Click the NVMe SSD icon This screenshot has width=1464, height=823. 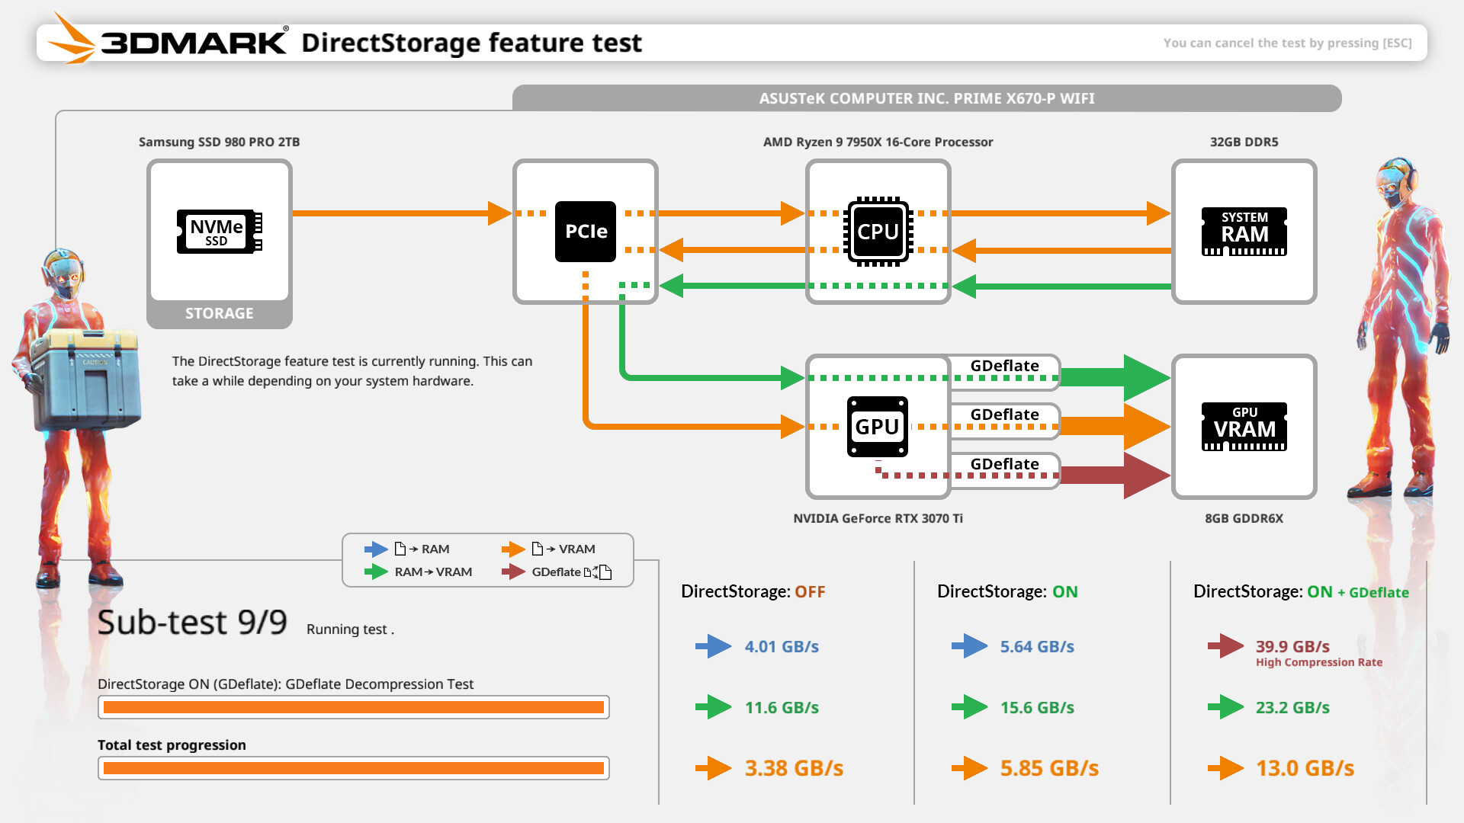point(219,232)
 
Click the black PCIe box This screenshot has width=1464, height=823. point(586,232)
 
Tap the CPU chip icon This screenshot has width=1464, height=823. point(878,232)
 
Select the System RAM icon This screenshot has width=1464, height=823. point(1244,232)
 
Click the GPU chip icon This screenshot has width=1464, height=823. point(878,427)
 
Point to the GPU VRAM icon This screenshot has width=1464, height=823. point(1244,427)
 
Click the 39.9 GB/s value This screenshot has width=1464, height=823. point(1292,646)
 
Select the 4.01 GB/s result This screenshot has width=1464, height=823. point(782,646)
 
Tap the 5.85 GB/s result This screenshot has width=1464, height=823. point(1049,768)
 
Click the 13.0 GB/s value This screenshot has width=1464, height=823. point(1305,768)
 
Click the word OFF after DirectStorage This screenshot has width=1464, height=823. point(810,592)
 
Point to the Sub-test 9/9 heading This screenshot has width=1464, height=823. point(192,623)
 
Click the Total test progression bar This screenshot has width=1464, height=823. point(353,768)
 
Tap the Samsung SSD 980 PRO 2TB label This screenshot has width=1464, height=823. point(219,142)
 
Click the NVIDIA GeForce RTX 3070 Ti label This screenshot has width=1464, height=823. point(878,518)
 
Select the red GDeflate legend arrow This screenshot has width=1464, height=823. point(514,572)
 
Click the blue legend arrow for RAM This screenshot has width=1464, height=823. point(376,549)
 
